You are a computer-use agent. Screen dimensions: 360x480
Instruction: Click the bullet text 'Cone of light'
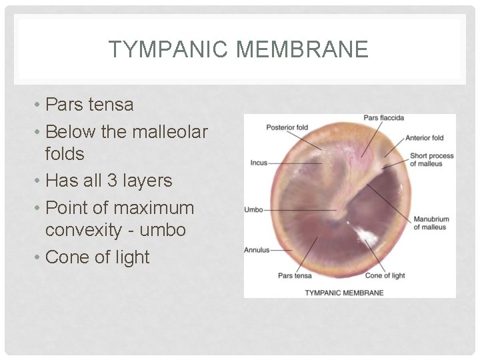point(97,257)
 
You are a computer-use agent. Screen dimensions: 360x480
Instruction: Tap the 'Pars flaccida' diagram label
point(384,118)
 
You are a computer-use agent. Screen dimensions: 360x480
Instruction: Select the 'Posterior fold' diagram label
point(287,127)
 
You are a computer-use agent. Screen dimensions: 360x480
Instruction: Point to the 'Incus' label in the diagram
point(259,163)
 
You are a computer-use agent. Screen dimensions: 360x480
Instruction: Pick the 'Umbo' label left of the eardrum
point(254,210)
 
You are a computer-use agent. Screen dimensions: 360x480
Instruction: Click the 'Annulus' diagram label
point(257,251)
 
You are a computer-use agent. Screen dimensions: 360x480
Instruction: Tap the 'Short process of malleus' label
point(431,159)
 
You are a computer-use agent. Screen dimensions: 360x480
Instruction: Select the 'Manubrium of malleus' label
point(431,223)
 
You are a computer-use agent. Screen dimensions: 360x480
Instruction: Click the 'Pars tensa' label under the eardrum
point(295,275)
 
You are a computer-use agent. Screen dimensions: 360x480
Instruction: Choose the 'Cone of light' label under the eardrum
point(385,275)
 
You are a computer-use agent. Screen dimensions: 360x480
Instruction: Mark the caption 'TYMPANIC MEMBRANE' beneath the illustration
point(344,292)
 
